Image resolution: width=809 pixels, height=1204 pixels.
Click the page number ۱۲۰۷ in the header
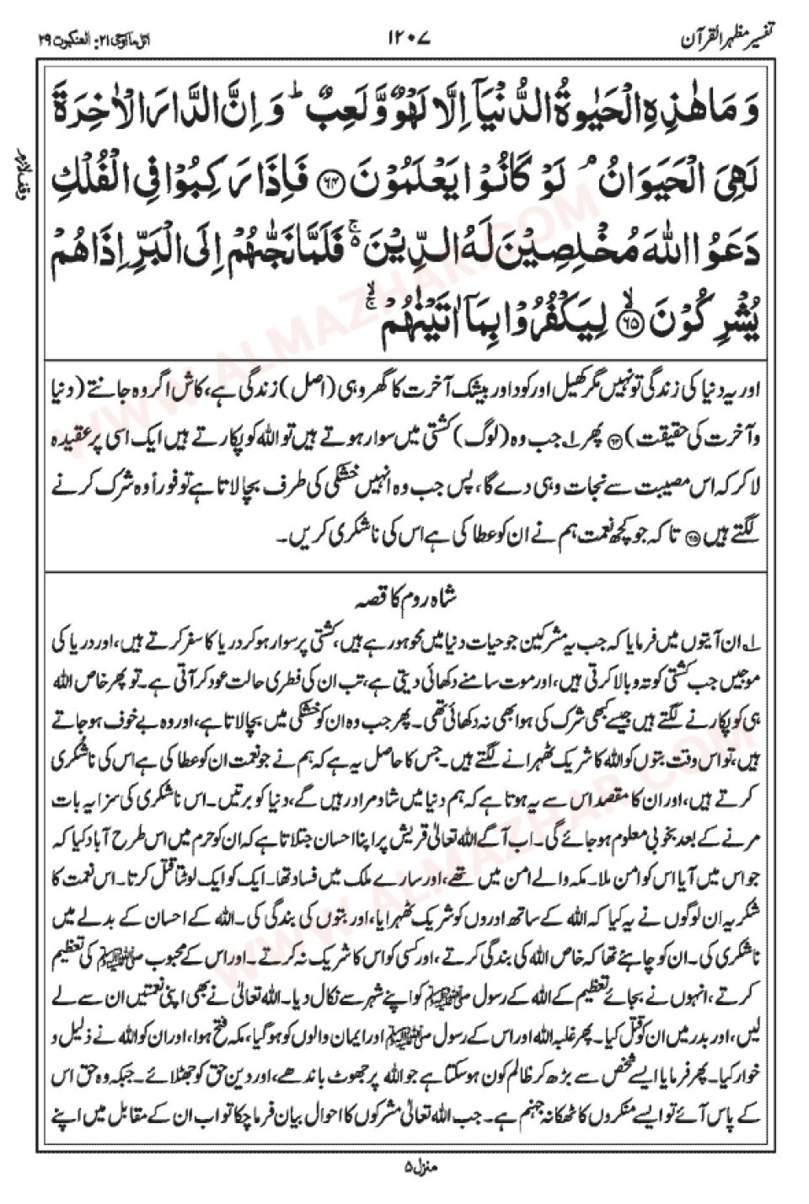pos(409,39)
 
